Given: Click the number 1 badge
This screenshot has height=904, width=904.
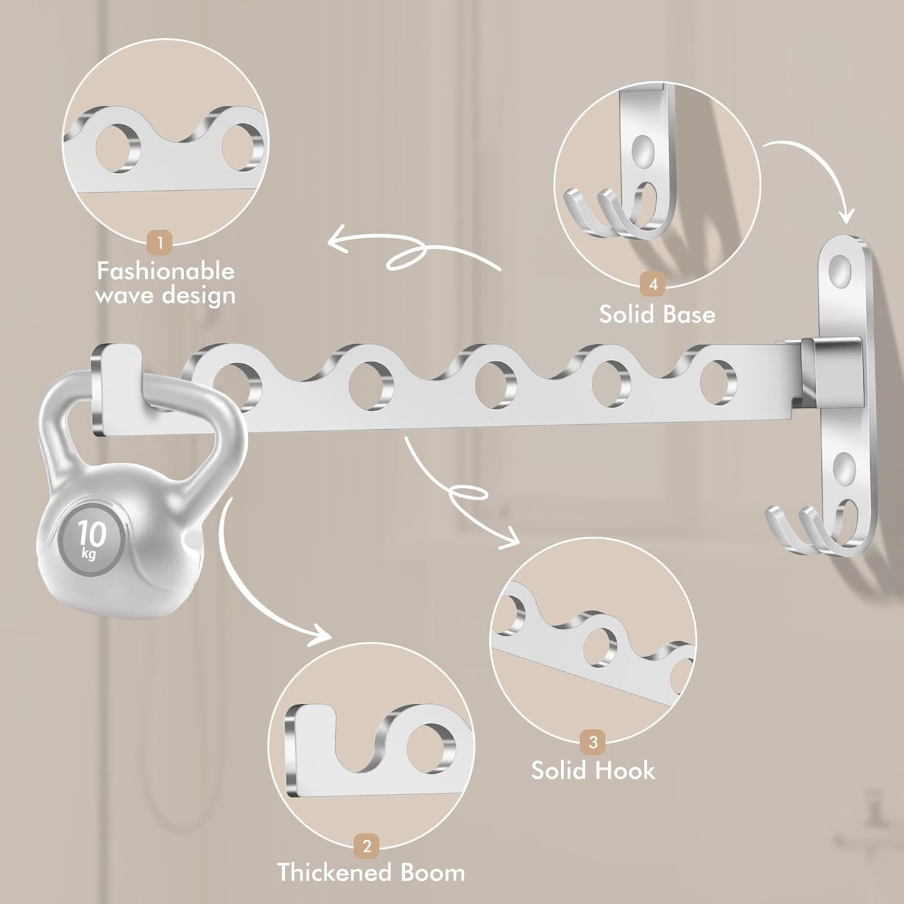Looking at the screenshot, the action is (x=160, y=243).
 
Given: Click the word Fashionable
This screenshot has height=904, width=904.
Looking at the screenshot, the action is (x=165, y=272).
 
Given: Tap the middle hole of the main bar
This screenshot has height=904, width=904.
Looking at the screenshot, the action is (x=495, y=383).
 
